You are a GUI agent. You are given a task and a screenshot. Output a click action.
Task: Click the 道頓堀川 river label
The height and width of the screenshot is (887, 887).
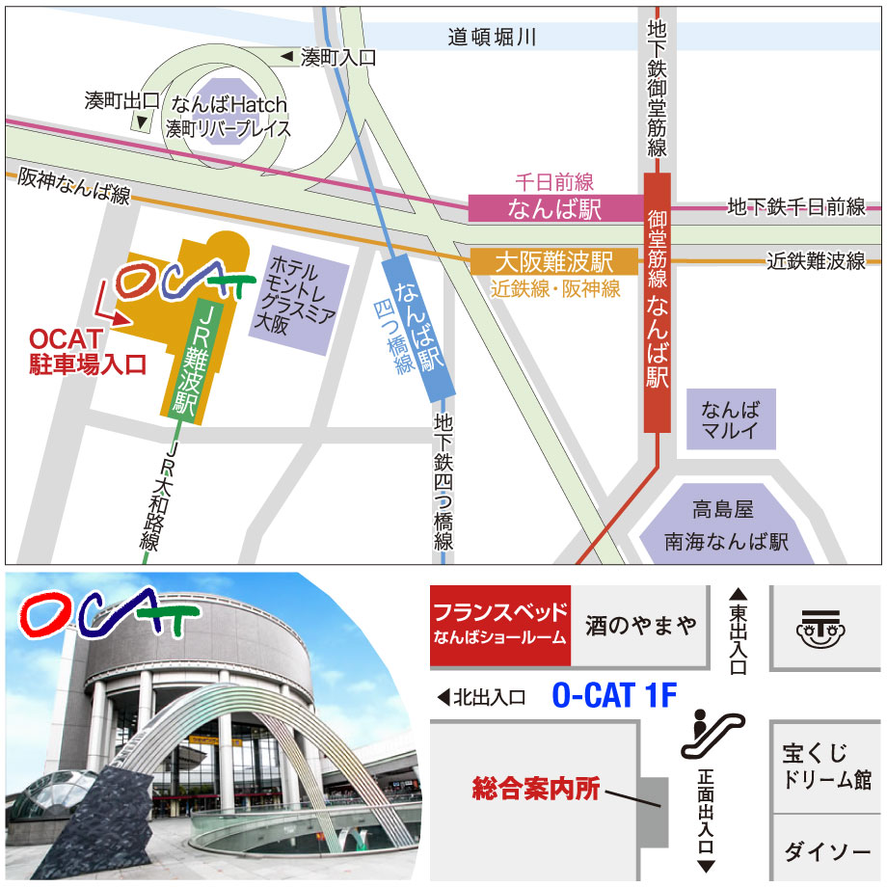[x=492, y=38]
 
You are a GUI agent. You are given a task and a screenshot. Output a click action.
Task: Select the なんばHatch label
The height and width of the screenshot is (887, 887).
[x=228, y=105]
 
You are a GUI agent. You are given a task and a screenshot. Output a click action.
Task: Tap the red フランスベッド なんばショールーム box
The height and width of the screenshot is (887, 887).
[x=499, y=625]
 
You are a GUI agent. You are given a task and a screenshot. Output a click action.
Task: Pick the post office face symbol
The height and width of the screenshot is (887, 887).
[x=825, y=628]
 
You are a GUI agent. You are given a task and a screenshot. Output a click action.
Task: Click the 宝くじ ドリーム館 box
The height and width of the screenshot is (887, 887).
[x=827, y=766]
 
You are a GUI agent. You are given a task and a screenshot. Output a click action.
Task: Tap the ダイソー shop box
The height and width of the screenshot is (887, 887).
[x=827, y=851]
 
